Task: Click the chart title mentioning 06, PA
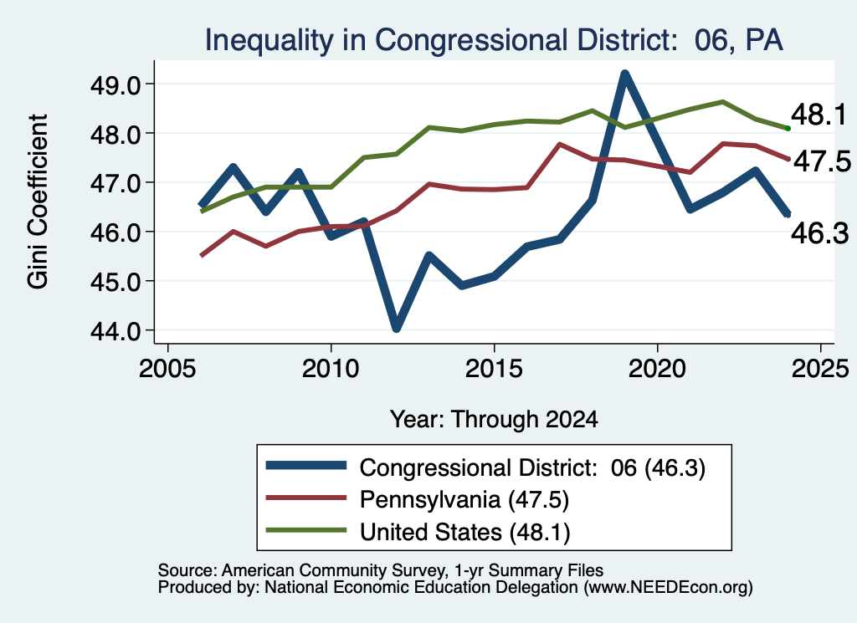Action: (494, 40)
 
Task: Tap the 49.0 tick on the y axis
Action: (115, 84)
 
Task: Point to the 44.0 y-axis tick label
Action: (115, 331)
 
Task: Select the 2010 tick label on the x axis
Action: (330, 369)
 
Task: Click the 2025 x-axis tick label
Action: (820, 369)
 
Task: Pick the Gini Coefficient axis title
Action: (38, 202)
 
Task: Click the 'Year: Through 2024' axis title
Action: (494, 419)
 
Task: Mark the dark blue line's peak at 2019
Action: (624, 74)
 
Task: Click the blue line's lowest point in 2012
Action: (396, 328)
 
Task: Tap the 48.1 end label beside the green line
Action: (819, 115)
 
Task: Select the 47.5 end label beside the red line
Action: (822, 161)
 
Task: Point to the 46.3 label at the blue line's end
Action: (820, 233)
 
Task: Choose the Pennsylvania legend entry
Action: (464, 499)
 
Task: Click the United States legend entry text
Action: (464, 532)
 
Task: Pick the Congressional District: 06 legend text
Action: (532, 467)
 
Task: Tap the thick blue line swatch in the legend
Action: (306, 465)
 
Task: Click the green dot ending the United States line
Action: (788, 128)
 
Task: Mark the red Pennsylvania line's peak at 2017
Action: (560, 144)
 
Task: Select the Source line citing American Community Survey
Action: (381, 570)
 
